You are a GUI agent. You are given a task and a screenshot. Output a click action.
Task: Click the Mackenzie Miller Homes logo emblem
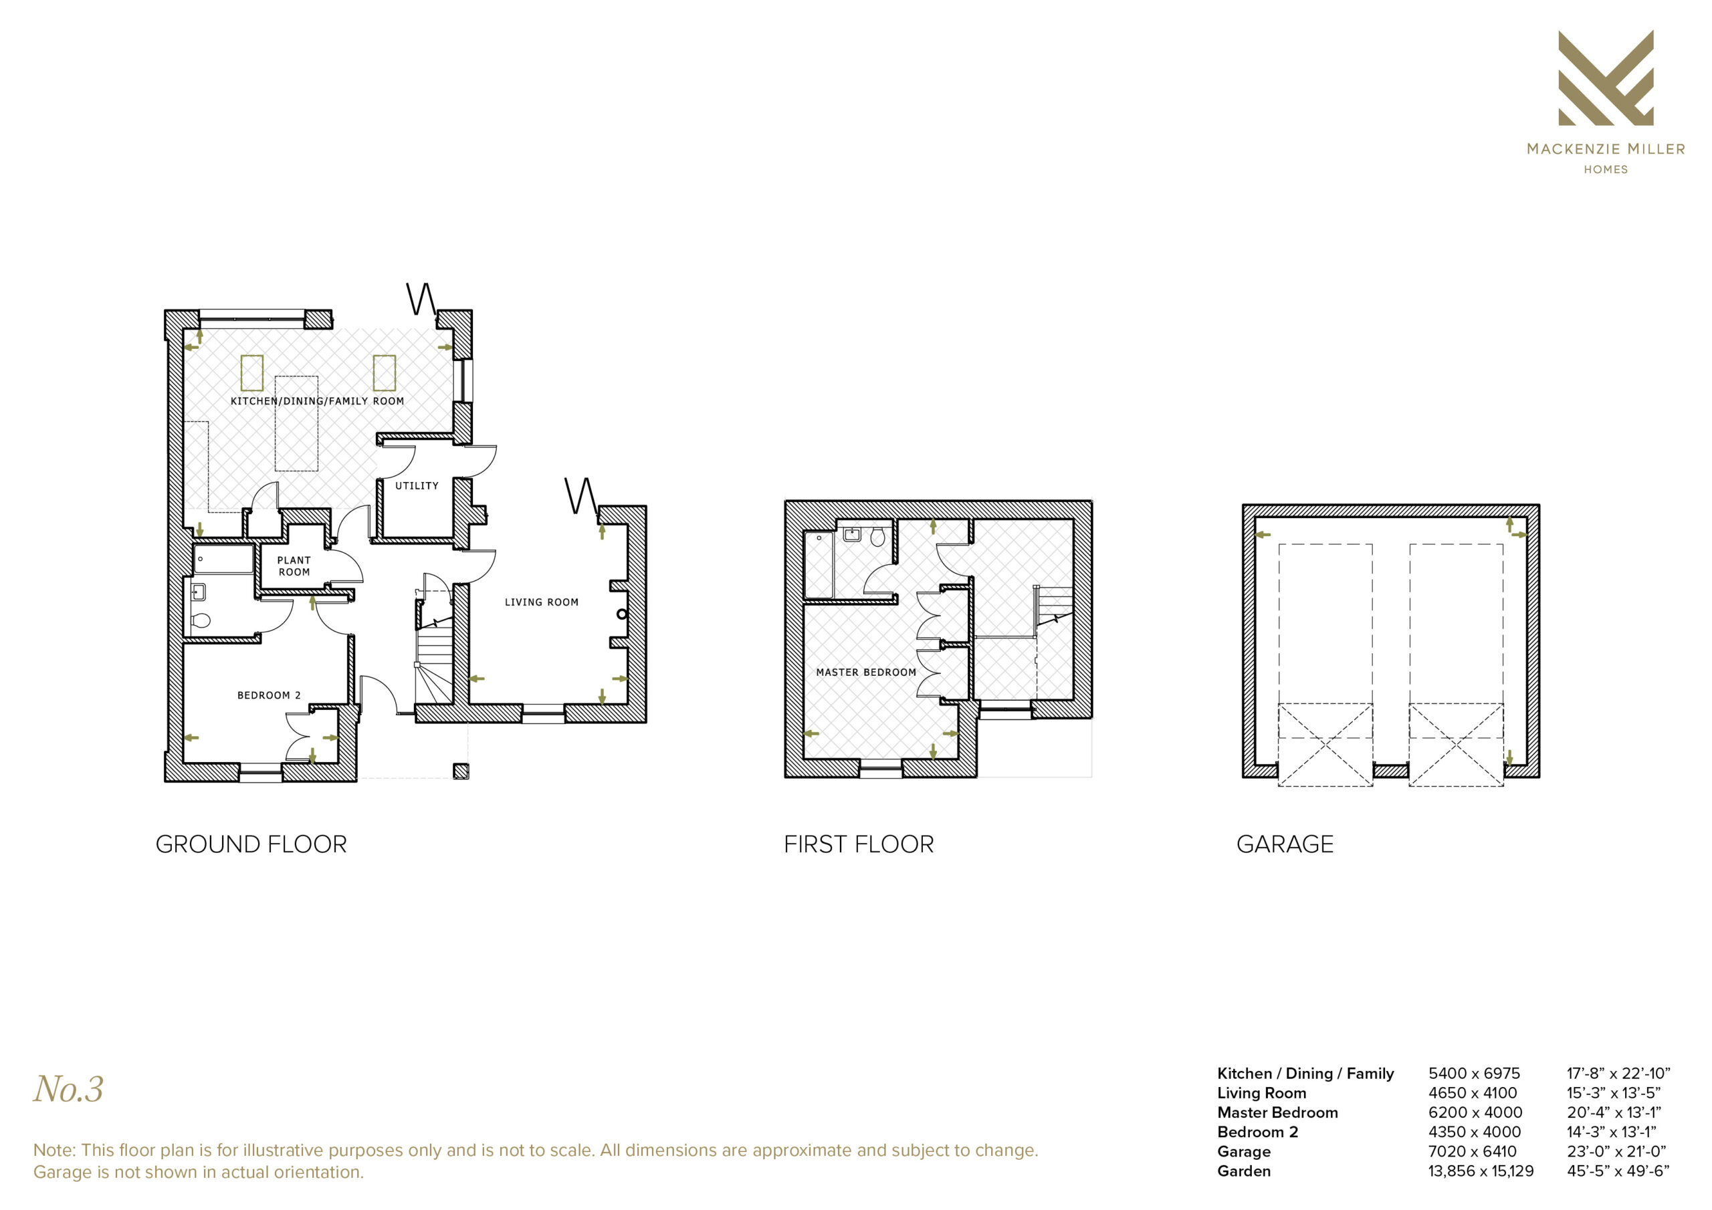pos(1606,78)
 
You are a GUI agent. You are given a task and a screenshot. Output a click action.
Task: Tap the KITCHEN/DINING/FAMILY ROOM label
pos(317,401)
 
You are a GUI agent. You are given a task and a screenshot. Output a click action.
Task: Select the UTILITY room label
pos(417,486)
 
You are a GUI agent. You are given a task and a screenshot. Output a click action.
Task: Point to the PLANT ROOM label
pos(294,566)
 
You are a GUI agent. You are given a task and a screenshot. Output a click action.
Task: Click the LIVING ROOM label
pos(541,602)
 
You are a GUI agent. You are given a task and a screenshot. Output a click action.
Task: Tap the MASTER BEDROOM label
pos(865,673)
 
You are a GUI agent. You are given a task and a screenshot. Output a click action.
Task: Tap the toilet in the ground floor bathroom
pos(201,620)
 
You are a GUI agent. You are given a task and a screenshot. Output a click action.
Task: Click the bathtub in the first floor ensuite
pos(819,564)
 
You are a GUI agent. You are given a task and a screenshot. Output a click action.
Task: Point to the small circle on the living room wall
pos(622,614)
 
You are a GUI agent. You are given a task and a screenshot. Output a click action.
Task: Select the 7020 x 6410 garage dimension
pos(1473,1151)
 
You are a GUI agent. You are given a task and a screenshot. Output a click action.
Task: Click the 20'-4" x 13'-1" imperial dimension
pos(1614,1112)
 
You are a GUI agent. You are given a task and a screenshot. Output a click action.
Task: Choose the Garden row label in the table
pos(1244,1171)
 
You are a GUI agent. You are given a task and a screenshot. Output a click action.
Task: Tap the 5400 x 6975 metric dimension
pos(1474,1074)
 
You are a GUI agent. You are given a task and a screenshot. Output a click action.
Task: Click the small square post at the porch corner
pos(461,771)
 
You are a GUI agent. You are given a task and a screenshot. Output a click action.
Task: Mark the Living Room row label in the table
pos(1262,1093)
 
